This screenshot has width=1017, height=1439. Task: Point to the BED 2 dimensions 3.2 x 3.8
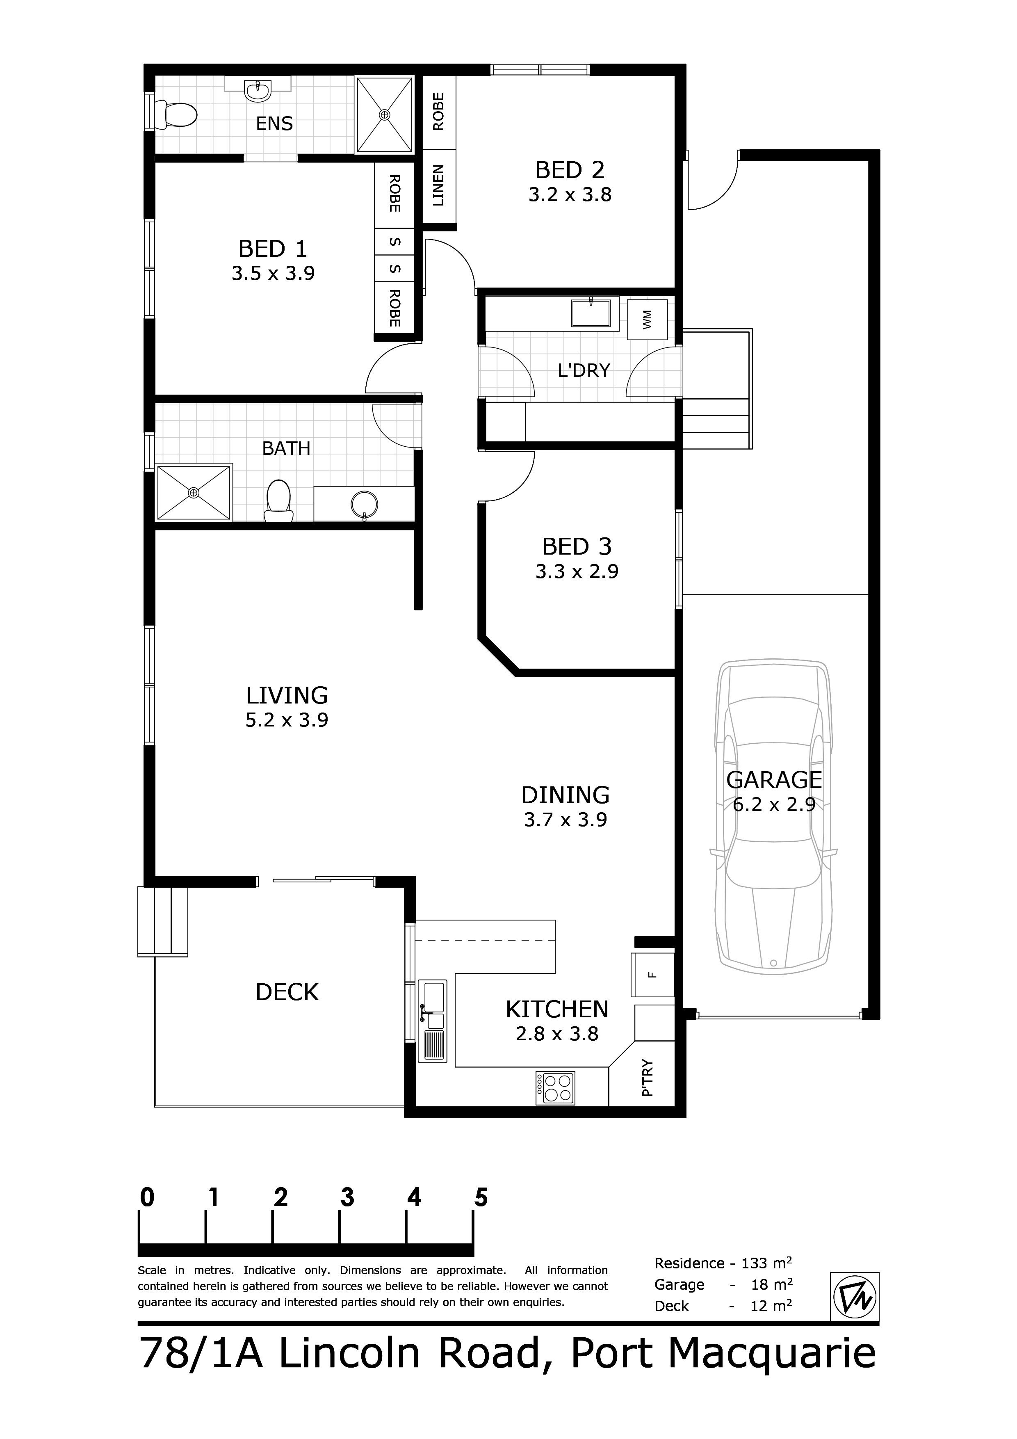[x=570, y=195]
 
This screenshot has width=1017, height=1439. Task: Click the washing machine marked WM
[x=647, y=320]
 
